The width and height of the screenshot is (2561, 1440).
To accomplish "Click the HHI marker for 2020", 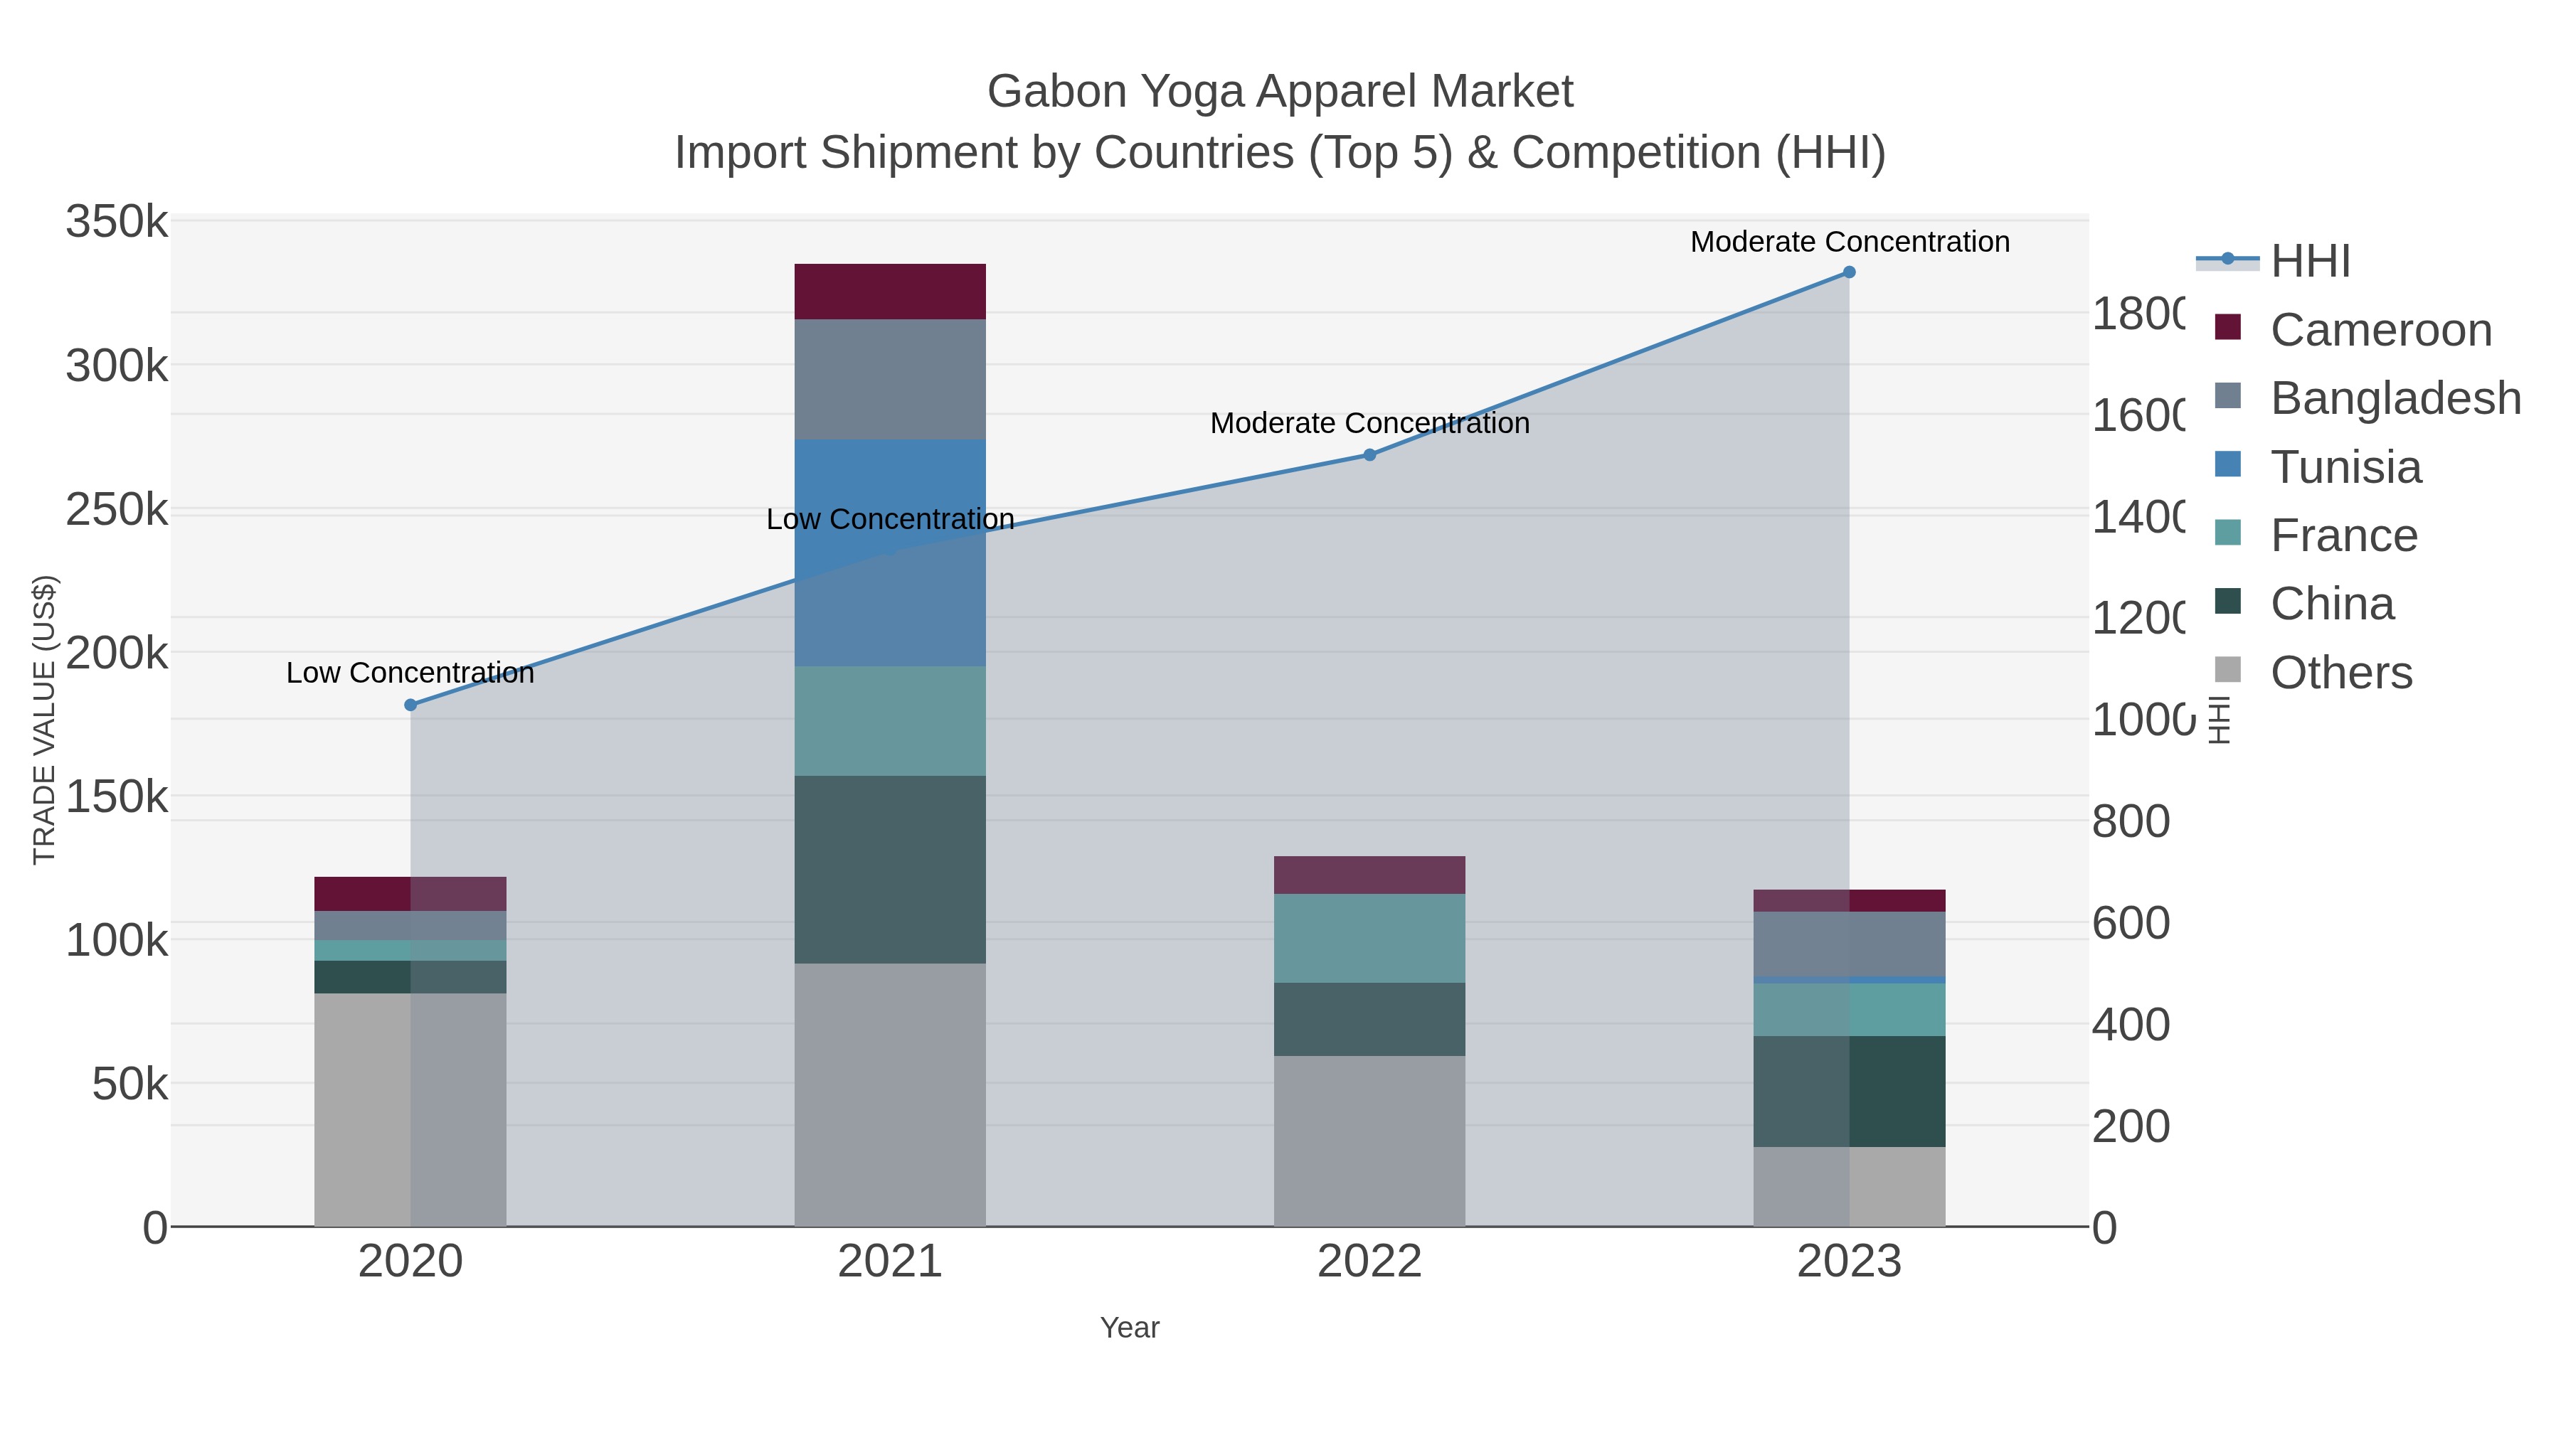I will tap(410, 705).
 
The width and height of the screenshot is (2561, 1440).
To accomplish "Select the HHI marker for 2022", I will tap(1369, 455).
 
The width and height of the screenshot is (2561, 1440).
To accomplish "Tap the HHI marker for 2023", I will tap(1849, 272).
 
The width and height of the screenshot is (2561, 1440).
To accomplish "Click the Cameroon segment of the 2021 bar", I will tap(890, 291).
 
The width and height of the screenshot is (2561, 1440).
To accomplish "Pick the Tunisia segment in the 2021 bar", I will tap(890, 553).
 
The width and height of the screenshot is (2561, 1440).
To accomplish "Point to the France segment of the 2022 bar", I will tap(1369, 938).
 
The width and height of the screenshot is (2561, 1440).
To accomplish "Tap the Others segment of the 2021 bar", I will tap(890, 1094).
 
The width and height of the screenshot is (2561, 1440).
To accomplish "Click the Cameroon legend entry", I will tap(2380, 330).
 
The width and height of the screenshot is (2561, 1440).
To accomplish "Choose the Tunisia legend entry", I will tap(2345, 467).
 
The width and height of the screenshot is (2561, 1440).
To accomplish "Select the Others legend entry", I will tap(2340, 673).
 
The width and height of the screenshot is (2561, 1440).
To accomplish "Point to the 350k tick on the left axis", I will tap(117, 222).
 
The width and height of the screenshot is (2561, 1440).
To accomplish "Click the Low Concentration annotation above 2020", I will tap(410, 673).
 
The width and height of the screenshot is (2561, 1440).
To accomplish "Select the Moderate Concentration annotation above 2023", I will tap(1849, 242).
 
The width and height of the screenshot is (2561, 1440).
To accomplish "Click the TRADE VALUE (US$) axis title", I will tap(45, 720).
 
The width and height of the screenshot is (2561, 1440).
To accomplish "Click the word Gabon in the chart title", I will tap(1054, 92).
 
